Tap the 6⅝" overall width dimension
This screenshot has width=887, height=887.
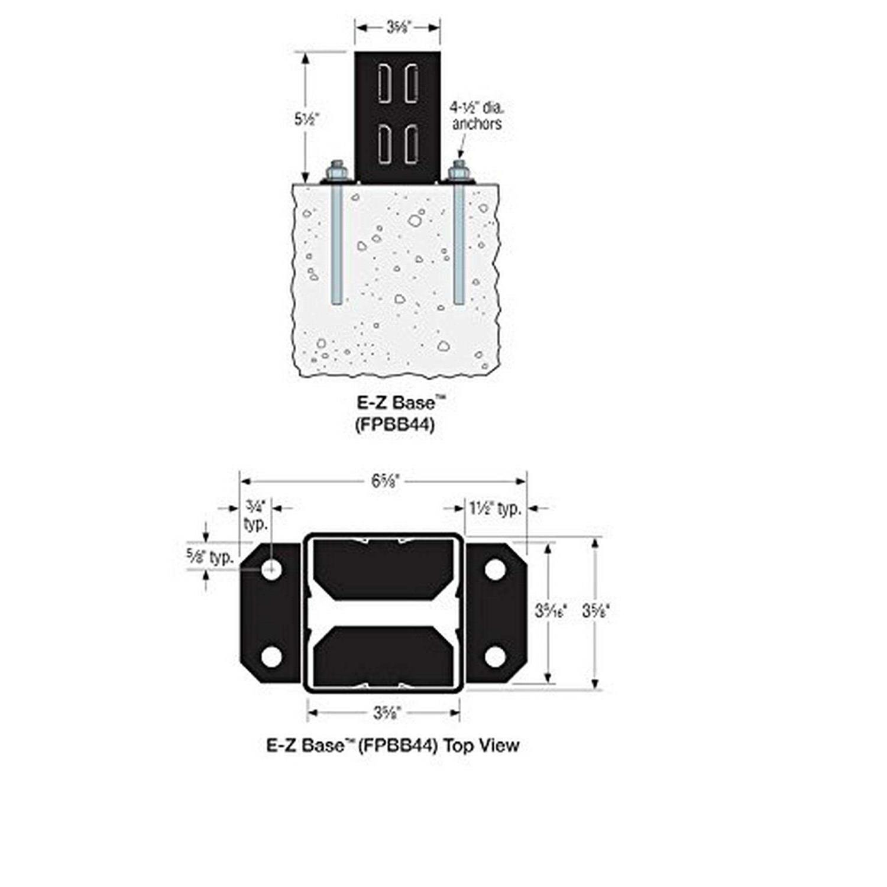(x=387, y=481)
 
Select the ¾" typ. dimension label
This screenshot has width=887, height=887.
(x=255, y=515)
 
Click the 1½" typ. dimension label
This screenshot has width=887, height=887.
(x=494, y=508)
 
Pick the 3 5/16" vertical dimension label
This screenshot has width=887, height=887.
(x=551, y=611)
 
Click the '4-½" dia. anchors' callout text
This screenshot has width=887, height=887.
(x=476, y=116)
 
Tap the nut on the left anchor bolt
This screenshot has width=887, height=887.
(x=338, y=172)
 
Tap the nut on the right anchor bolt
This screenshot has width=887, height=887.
(x=458, y=172)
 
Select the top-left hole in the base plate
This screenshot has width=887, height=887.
(x=272, y=569)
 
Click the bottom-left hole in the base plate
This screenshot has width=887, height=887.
(x=271, y=657)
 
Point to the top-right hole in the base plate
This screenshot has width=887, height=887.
(x=495, y=569)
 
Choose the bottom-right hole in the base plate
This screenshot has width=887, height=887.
(x=495, y=657)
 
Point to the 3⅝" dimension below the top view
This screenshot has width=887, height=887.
(x=387, y=713)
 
